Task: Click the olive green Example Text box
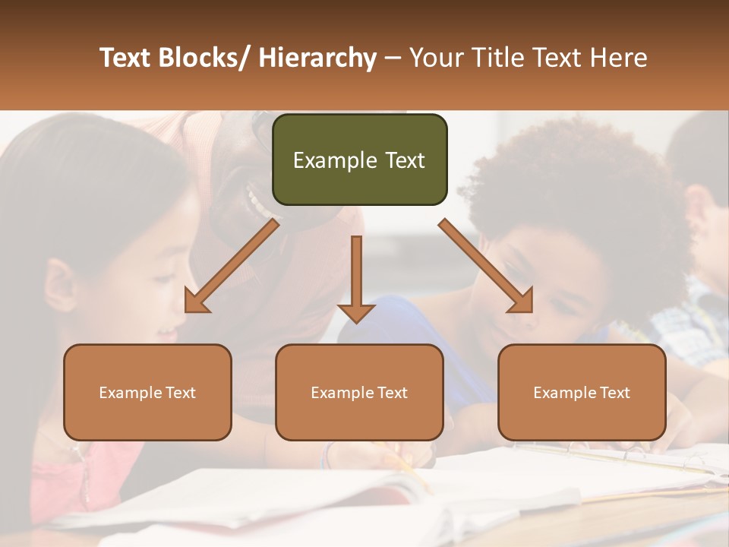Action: click(359, 160)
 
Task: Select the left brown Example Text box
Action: click(147, 392)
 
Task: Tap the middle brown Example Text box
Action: click(359, 392)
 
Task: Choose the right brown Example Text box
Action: click(582, 392)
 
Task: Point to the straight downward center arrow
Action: click(356, 273)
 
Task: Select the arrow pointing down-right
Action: click(486, 266)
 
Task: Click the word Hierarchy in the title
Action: click(317, 58)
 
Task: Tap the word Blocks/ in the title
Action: click(202, 58)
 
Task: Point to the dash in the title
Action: click(393, 59)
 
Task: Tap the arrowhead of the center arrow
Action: click(356, 313)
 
